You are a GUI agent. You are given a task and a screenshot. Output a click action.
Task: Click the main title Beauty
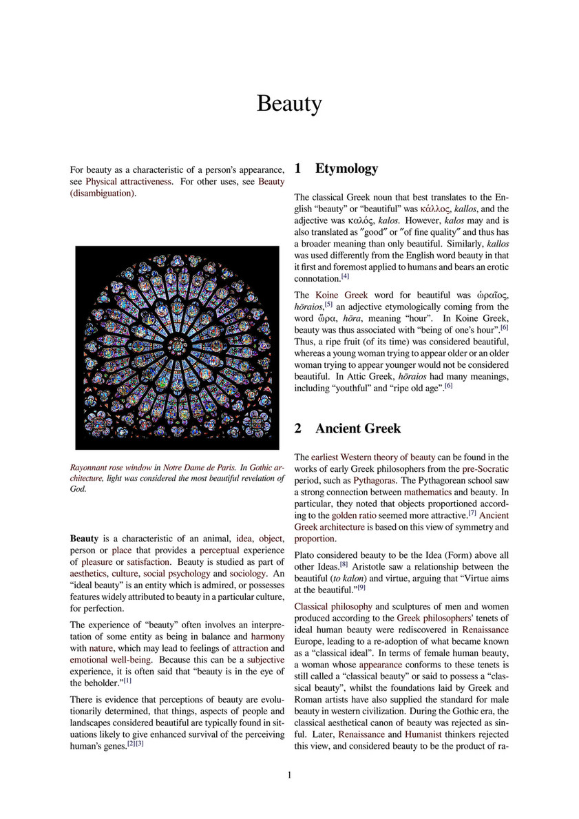coord(289,104)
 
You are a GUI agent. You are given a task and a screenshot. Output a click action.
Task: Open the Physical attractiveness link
coord(129,181)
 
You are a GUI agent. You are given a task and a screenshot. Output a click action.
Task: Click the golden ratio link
coord(354,515)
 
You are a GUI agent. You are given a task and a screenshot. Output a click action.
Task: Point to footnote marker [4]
coord(346,277)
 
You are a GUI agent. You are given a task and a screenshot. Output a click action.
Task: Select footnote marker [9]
coord(361,587)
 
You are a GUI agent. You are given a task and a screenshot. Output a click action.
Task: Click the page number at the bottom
coord(289,775)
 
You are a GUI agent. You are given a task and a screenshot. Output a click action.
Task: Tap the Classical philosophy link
coord(333,606)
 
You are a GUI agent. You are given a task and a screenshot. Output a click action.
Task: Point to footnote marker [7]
coord(473,513)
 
